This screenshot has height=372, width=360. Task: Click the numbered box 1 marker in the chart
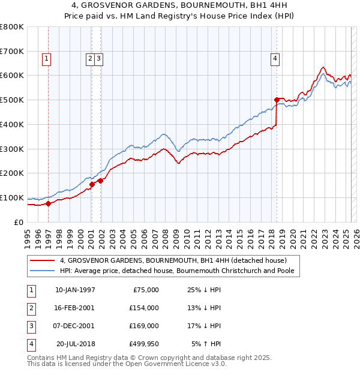(46, 58)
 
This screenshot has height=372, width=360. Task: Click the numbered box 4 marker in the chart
(274, 58)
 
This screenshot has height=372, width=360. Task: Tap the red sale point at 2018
(277, 100)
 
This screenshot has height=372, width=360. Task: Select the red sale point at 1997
(49, 203)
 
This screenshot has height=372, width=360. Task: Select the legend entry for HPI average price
(180, 271)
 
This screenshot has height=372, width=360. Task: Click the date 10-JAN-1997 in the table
(75, 290)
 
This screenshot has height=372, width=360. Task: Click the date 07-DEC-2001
(75, 326)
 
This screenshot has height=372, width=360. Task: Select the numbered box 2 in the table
(31, 308)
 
